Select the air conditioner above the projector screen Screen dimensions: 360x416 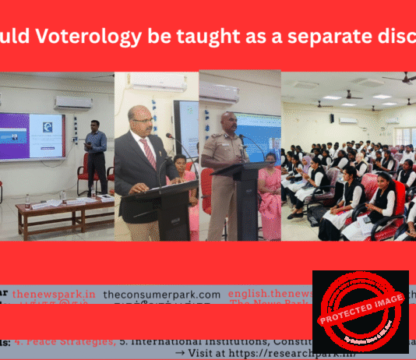click(73, 102)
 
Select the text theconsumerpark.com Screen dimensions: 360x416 click(161, 295)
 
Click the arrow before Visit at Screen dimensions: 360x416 click(180, 352)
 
